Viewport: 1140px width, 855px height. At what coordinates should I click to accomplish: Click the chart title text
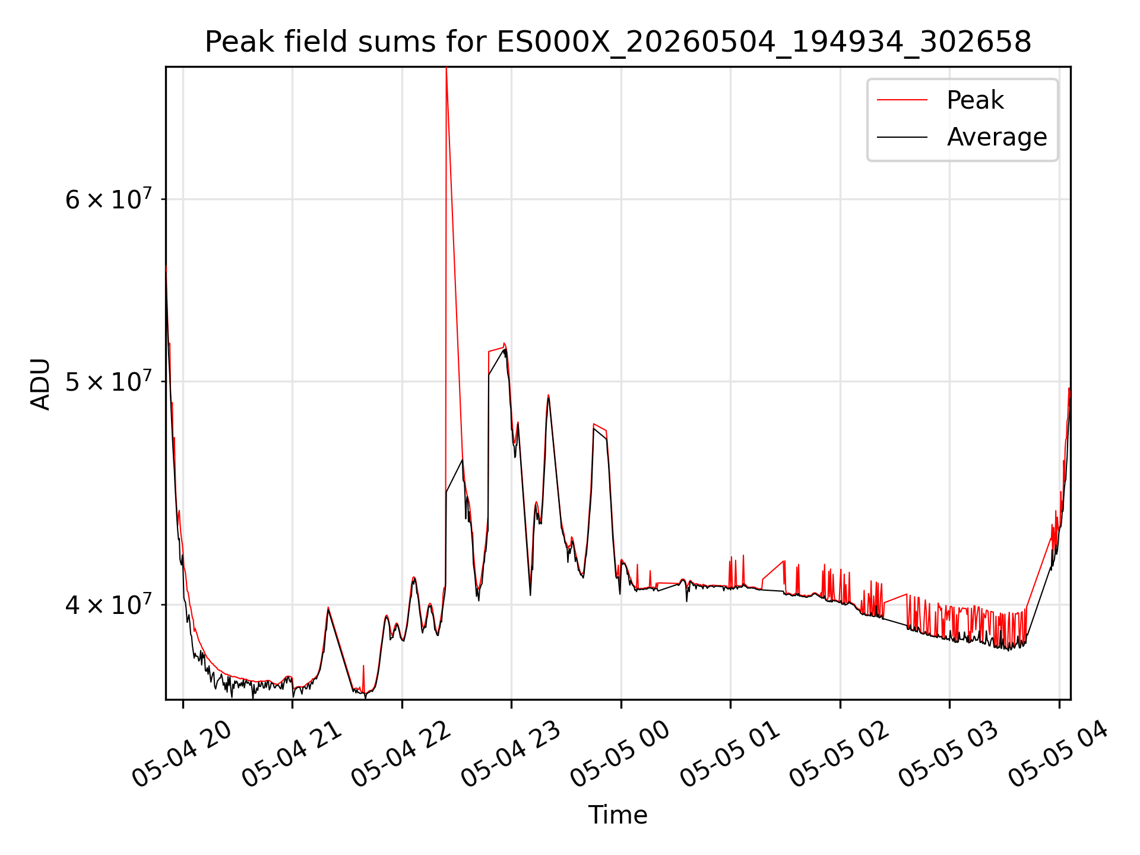coord(617,42)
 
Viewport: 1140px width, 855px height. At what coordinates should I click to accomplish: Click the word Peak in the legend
coord(975,100)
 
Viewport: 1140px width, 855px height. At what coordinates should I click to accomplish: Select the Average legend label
coord(997,137)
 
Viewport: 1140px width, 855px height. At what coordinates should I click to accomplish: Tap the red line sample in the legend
coord(902,100)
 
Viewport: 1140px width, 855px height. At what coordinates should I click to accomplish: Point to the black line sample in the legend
coord(902,137)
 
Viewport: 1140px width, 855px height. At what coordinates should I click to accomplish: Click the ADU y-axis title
coord(40,384)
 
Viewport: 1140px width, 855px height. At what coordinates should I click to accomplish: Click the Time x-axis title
coord(617,815)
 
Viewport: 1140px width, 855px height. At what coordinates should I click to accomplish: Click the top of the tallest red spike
coord(446,68)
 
